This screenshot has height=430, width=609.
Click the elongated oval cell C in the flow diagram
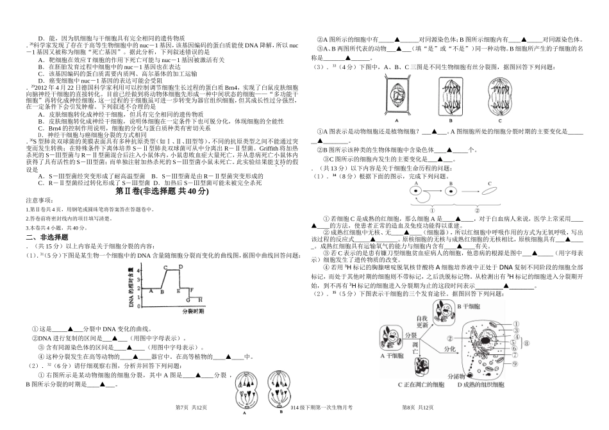(x=489, y=190)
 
